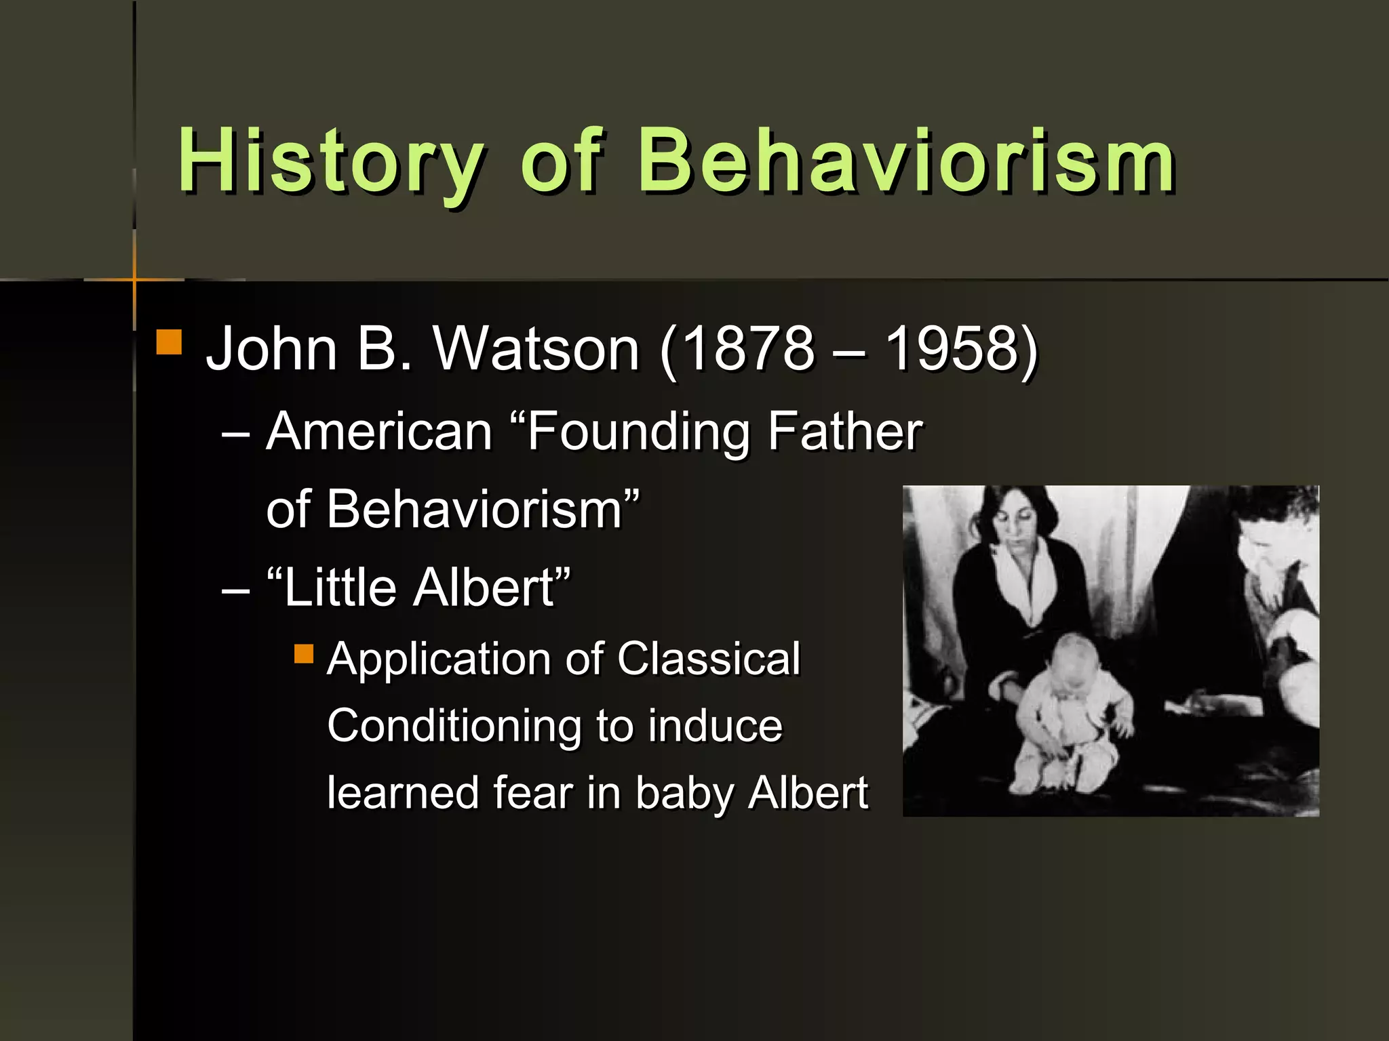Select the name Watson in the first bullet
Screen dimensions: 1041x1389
(536, 349)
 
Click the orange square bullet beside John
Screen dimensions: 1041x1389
(169, 342)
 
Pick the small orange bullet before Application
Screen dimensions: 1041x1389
(304, 654)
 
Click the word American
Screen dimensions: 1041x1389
(379, 432)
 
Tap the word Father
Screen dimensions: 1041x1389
(844, 432)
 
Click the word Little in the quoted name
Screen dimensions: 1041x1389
(339, 587)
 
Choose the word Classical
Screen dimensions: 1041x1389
(709, 659)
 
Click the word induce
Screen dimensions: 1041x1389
(715, 725)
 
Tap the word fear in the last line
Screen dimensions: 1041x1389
(533, 792)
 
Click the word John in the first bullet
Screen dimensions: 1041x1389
(271, 349)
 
